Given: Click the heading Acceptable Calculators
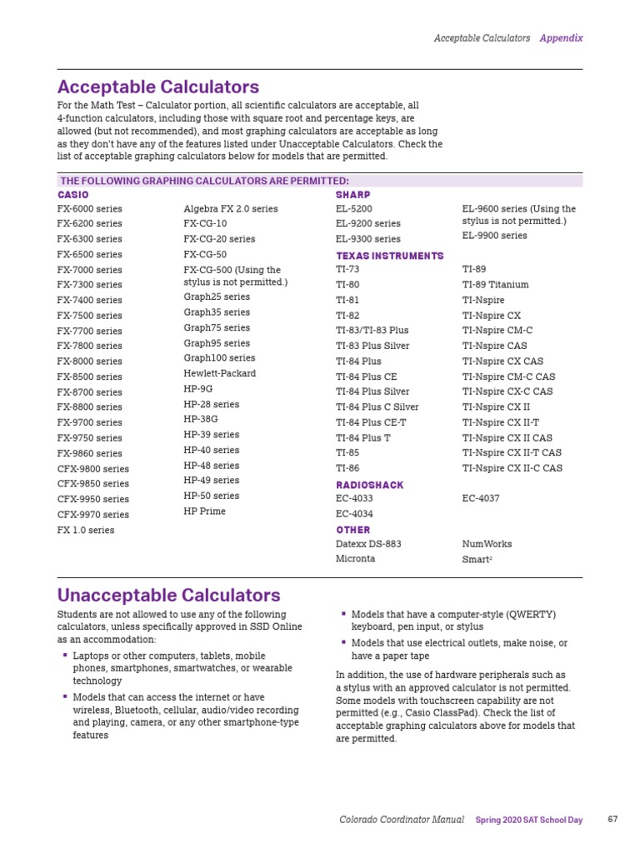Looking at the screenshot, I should coord(157,87).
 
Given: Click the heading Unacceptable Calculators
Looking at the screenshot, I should coord(168,595).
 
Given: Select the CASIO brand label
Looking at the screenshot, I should coord(72,194).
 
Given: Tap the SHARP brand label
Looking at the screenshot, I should coord(352,194).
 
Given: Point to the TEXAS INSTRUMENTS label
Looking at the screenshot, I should coord(389,256).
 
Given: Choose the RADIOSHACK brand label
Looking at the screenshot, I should coord(369,485).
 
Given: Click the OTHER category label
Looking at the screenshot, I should coord(353,530).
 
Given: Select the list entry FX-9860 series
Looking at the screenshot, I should coord(89,453).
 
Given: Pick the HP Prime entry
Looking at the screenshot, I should coord(204,511).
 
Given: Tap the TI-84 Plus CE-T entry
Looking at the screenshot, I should coord(371,422).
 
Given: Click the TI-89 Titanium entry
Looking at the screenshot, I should coord(495,285).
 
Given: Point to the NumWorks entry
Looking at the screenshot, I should coord(487,544).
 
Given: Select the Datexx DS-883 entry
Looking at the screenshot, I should coord(368,544).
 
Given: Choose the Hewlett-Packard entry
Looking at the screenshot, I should coord(219,373).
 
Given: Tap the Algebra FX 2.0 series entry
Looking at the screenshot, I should coord(230,209).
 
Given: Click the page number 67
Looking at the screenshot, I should coord(612,820).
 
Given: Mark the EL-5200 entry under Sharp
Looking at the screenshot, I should coord(353,209).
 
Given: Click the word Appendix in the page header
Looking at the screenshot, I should coord(561,38).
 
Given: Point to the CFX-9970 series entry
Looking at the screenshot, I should coord(92,515).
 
